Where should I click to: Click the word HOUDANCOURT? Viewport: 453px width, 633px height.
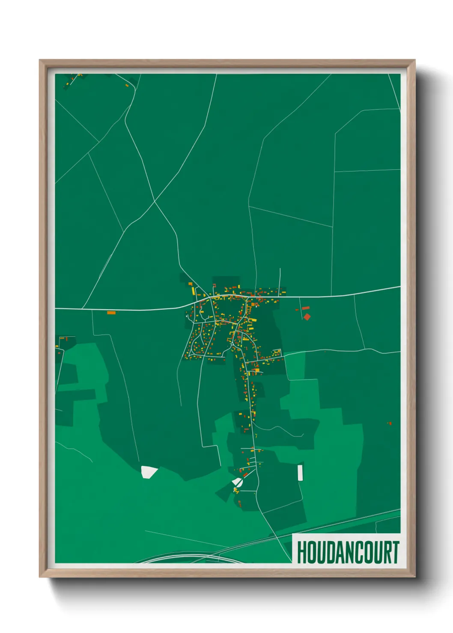pyautogui.click(x=348, y=552)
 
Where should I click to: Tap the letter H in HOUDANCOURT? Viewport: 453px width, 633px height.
pyautogui.click(x=302, y=552)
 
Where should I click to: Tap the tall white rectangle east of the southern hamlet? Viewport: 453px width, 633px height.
pyautogui.click(x=300, y=472)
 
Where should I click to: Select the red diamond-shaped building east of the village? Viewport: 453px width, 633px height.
pyautogui.click(x=307, y=317)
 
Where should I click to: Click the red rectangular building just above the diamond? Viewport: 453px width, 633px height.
pyautogui.click(x=306, y=308)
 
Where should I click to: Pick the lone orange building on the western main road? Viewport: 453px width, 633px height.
pyautogui.click(x=111, y=313)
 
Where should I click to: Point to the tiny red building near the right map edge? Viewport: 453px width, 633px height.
pyautogui.click(x=390, y=423)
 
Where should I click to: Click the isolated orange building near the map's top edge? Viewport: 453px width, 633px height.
pyautogui.click(x=127, y=86)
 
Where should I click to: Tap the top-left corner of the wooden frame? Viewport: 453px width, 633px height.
pyautogui.click(x=40, y=60)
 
